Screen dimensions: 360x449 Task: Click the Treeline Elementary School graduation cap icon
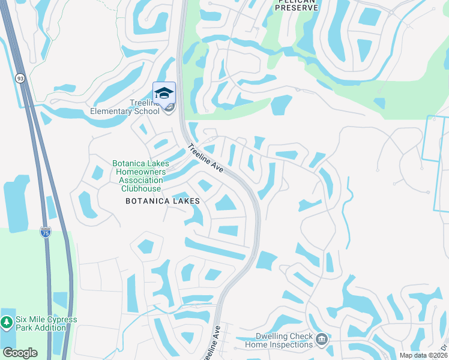click(x=164, y=93)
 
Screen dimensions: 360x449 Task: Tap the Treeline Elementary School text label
click(x=125, y=107)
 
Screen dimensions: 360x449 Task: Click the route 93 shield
click(x=20, y=79)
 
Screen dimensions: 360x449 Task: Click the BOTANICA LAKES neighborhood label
click(x=162, y=202)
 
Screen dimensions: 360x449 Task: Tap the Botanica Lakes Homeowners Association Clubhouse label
click(x=142, y=176)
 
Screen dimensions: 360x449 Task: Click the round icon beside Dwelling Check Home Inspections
click(x=322, y=340)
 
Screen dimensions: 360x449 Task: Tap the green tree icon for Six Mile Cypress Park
click(x=7, y=323)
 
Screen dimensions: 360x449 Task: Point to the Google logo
click(x=20, y=353)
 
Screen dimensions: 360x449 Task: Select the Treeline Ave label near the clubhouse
click(x=205, y=159)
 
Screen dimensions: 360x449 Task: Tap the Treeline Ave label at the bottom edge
click(x=211, y=344)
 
